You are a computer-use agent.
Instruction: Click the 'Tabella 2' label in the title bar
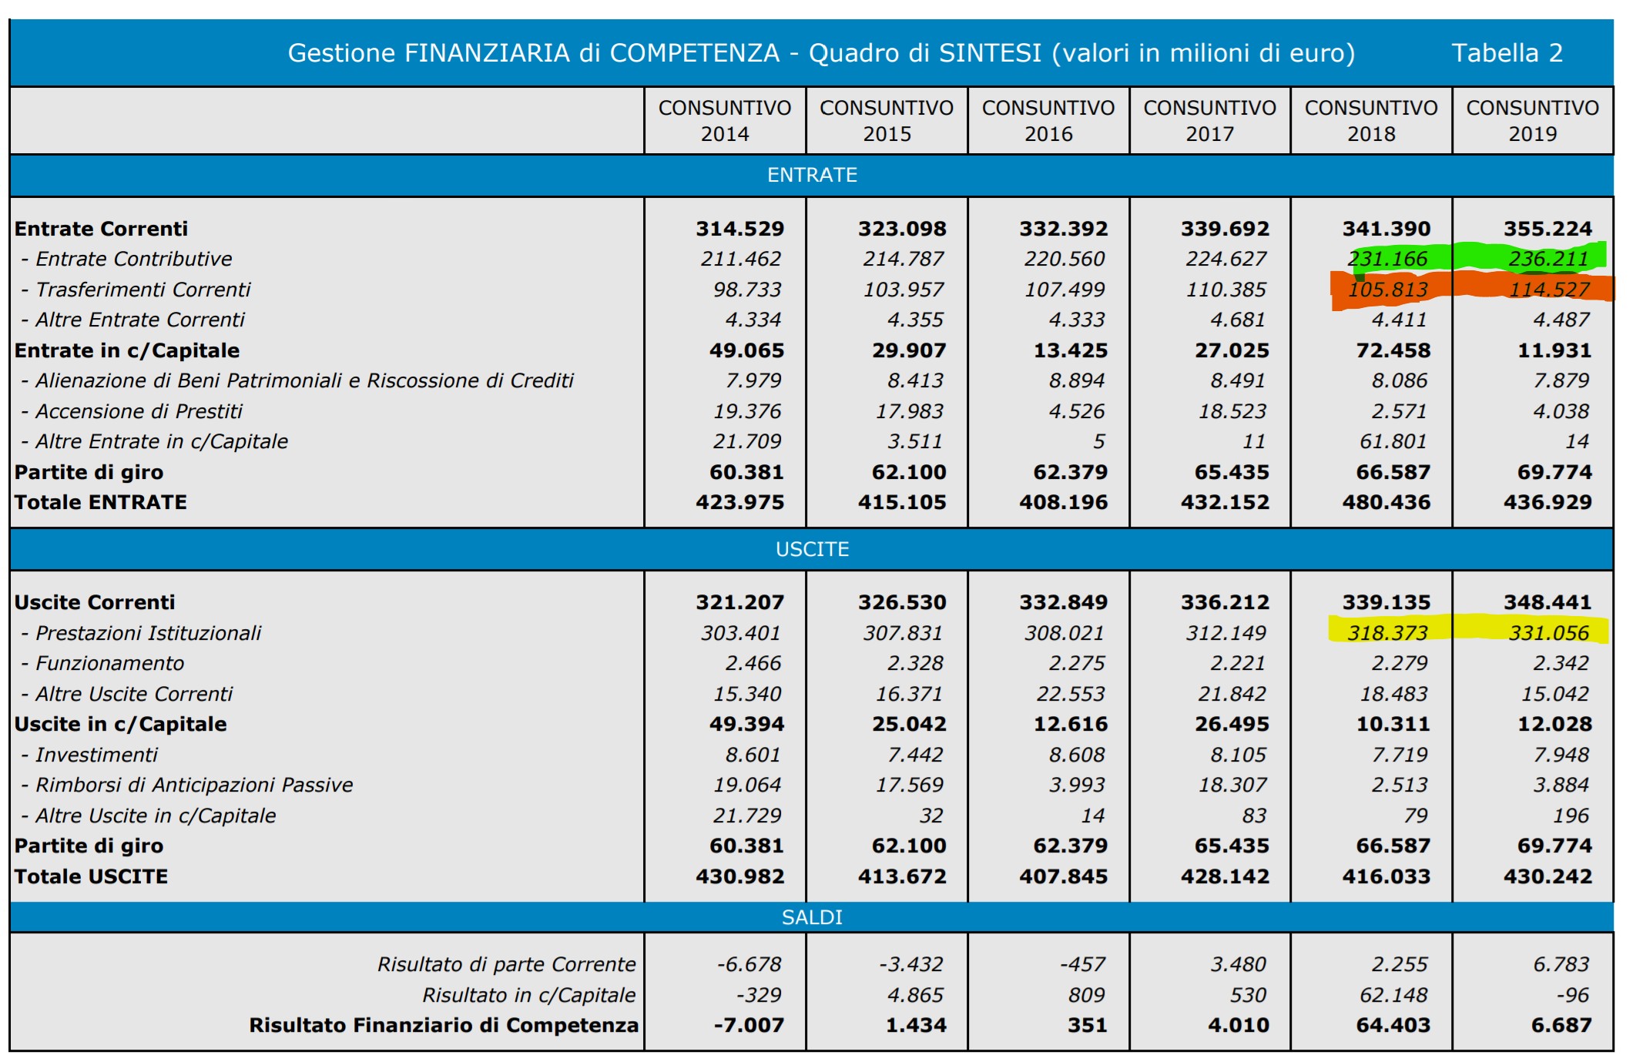tap(1507, 53)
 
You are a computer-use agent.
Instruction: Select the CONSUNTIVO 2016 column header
tap(1048, 121)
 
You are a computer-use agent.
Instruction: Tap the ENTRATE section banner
tap(812, 176)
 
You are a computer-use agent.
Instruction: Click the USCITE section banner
tap(812, 550)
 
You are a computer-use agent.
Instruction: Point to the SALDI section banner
tap(812, 917)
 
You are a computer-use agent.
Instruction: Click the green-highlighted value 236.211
tap(1548, 260)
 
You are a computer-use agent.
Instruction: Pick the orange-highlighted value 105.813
tap(1387, 290)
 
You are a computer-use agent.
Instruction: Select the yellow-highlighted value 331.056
tap(1548, 633)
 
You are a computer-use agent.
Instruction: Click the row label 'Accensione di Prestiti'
tap(139, 411)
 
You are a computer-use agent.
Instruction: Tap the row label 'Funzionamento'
tap(109, 663)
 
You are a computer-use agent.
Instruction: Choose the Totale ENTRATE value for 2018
tap(1386, 503)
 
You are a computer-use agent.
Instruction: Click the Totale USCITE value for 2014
tap(739, 876)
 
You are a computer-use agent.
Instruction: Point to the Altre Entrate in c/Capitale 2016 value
tap(1098, 442)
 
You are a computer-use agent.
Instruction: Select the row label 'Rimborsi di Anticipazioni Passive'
tap(194, 785)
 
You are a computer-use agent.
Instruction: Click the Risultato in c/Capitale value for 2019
tap(1572, 995)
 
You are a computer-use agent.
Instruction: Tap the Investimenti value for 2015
tap(915, 755)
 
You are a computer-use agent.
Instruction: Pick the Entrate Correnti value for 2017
tap(1225, 229)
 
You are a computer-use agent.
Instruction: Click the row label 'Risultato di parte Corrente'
tap(506, 964)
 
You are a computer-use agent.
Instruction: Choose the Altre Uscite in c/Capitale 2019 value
tap(1571, 816)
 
